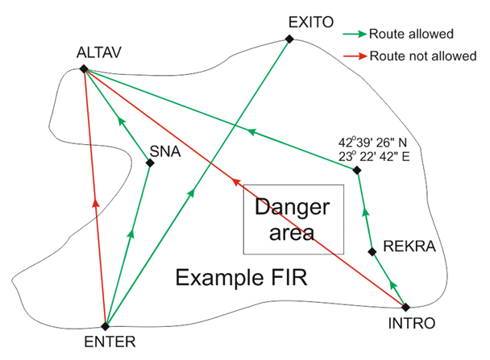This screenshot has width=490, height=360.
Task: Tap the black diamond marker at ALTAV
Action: (84, 68)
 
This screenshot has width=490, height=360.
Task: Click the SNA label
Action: (164, 150)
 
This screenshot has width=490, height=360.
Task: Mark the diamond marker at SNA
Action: (149, 163)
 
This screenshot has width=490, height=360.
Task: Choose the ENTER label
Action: (105, 339)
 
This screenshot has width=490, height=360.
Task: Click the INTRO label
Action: (413, 324)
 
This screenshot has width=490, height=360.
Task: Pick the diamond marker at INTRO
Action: (405, 307)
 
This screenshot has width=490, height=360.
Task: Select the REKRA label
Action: (409, 246)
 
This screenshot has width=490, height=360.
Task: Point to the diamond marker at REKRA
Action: (372, 252)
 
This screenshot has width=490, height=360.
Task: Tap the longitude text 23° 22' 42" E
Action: (375, 156)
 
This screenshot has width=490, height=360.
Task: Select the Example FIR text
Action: (243, 279)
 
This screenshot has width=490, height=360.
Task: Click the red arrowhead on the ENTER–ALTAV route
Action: (95, 203)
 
